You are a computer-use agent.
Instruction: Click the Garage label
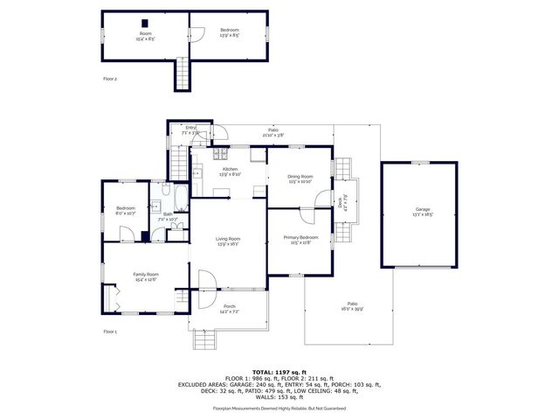(422, 212)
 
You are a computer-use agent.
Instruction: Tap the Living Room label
(229, 241)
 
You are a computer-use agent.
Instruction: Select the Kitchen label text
(230, 171)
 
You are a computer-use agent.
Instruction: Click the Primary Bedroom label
(300, 240)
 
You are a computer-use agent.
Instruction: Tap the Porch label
(229, 309)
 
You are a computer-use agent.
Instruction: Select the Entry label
(191, 129)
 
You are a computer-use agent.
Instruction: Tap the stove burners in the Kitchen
(257, 155)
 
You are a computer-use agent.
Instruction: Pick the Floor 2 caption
(110, 79)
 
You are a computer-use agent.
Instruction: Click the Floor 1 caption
(110, 332)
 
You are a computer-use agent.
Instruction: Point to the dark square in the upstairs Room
(145, 22)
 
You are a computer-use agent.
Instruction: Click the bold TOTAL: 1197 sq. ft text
(279, 373)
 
